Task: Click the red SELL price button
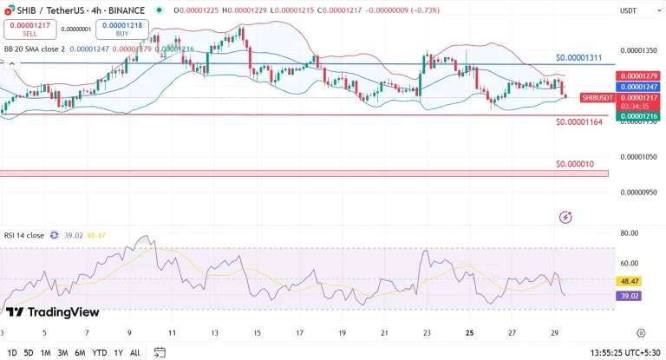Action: (x=29, y=29)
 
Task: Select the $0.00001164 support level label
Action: (x=579, y=122)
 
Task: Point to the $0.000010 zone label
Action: (x=575, y=163)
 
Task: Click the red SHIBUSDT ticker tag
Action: (x=597, y=98)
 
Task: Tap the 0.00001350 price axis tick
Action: (x=641, y=50)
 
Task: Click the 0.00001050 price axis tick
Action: (x=641, y=157)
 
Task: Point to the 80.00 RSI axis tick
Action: (x=630, y=232)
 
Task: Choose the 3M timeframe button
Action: (x=62, y=353)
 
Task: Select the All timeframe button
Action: (x=134, y=353)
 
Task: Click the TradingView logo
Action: (x=53, y=312)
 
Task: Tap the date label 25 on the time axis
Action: (x=469, y=332)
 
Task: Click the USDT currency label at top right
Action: (x=628, y=10)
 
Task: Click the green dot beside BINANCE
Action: (x=159, y=10)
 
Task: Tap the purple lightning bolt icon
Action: (x=565, y=216)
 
